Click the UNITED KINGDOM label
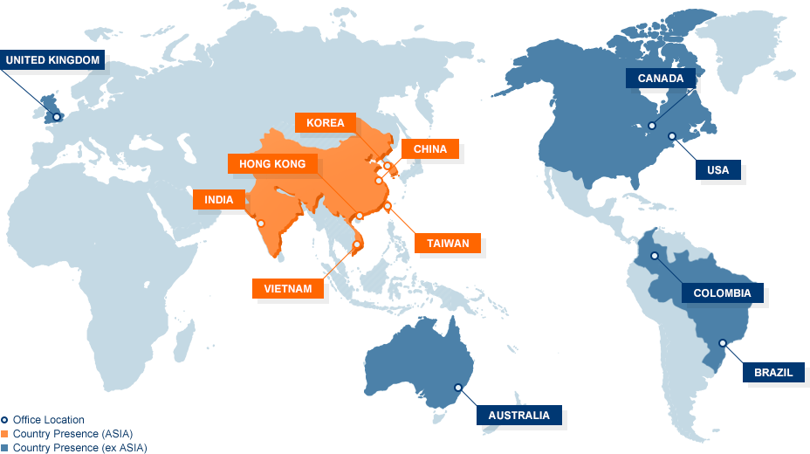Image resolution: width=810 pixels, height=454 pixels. (x=52, y=60)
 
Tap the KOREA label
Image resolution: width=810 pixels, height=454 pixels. (x=326, y=123)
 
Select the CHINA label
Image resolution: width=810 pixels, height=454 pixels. (x=429, y=149)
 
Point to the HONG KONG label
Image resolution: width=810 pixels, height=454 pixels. (x=272, y=164)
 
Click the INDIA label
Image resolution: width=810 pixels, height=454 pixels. (x=219, y=200)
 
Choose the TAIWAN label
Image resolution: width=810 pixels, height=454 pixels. (x=448, y=244)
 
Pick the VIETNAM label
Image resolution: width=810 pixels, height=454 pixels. (x=288, y=288)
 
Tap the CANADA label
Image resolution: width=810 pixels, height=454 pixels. (x=661, y=79)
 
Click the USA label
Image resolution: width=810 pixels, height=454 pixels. (x=717, y=170)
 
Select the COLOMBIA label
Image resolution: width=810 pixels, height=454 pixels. (x=722, y=293)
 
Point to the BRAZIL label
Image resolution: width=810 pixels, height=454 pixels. (x=773, y=373)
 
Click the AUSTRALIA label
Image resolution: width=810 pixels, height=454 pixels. (x=518, y=416)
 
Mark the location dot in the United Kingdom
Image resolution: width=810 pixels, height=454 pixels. (x=57, y=116)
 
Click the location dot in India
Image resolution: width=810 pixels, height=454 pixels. (x=260, y=224)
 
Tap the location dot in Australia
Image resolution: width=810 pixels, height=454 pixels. (x=457, y=387)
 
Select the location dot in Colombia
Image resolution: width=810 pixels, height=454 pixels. (x=654, y=256)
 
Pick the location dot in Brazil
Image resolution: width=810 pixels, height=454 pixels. (x=722, y=343)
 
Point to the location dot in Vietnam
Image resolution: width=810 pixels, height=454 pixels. (x=356, y=244)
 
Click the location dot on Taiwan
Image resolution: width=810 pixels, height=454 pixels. (x=388, y=207)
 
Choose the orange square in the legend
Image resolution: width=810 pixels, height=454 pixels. (x=4, y=433)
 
